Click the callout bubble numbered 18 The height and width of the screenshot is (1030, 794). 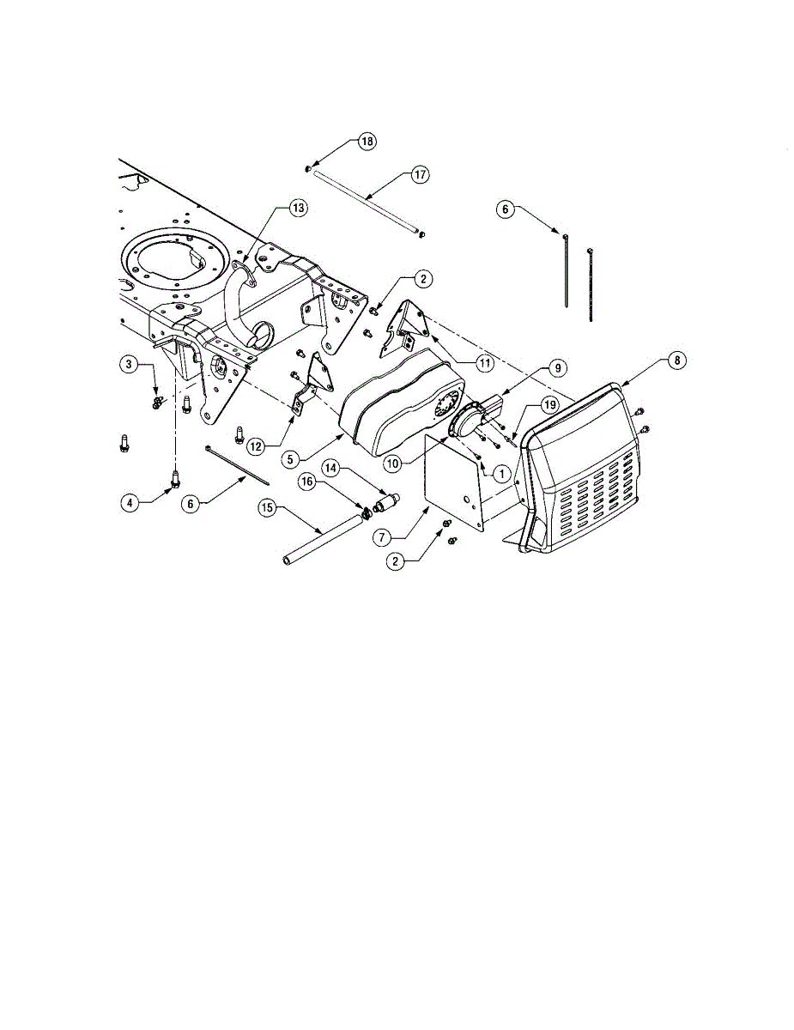(x=367, y=142)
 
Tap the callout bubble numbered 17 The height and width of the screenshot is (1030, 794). (x=419, y=175)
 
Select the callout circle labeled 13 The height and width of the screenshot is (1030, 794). (x=298, y=209)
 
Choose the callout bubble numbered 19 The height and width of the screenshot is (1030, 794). (x=548, y=408)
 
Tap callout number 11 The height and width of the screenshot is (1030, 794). (x=485, y=363)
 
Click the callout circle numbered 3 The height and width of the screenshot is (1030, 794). (x=130, y=366)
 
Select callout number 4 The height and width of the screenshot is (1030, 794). (x=130, y=504)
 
